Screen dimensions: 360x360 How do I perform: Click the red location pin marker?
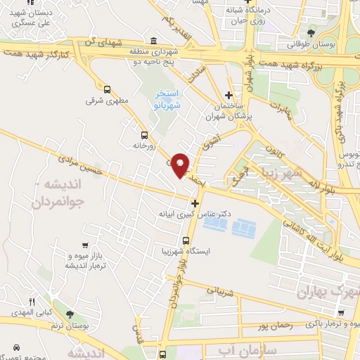tap(181, 165)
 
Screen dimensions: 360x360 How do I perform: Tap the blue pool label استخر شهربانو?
tap(168, 98)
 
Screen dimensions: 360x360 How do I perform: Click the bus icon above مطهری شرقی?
tap(107, 89)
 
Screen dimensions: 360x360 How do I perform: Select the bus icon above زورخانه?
tap(144, 135)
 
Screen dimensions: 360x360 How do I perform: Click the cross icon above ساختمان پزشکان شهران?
tap(228, 96)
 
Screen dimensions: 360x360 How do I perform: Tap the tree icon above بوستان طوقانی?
tap(311, 32)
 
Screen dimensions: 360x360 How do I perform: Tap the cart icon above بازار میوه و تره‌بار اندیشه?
tap(84, 245)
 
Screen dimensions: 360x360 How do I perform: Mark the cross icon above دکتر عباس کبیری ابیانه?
tap(195, 203)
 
